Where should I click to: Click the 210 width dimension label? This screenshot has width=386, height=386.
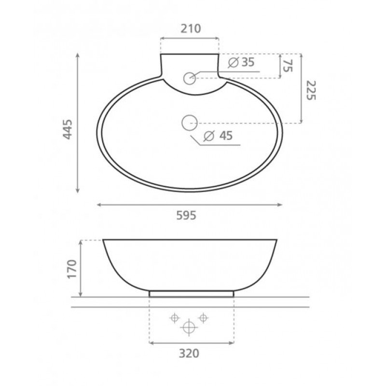[191, 28]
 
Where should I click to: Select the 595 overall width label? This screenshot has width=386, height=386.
[186, 215]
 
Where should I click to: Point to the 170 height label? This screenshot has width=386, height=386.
[72, 269]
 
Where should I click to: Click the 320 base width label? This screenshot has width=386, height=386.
[189, 354]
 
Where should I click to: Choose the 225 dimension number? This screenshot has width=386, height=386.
[311, 90]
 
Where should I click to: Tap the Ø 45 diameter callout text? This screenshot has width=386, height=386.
[218, 136]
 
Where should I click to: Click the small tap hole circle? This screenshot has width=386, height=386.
[189, 78]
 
